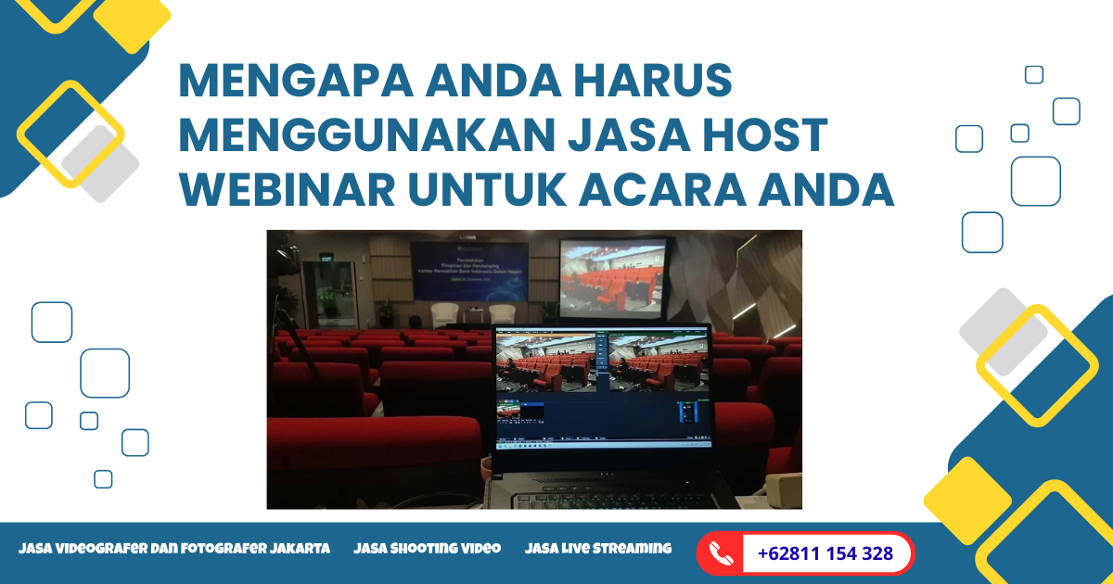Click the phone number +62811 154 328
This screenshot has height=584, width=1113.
coord(825,553)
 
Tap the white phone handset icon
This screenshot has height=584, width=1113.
coord(720,554)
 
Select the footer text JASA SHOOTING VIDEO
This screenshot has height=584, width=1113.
coord(427,548)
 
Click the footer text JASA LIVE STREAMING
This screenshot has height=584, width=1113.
coord(598,548)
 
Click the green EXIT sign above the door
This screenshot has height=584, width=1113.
coord(326,260)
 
